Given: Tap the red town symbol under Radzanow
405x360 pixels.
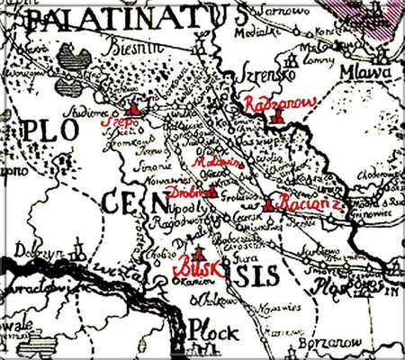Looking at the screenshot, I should tap(281, 120).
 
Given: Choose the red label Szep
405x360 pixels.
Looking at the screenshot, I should tap(114, 121).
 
